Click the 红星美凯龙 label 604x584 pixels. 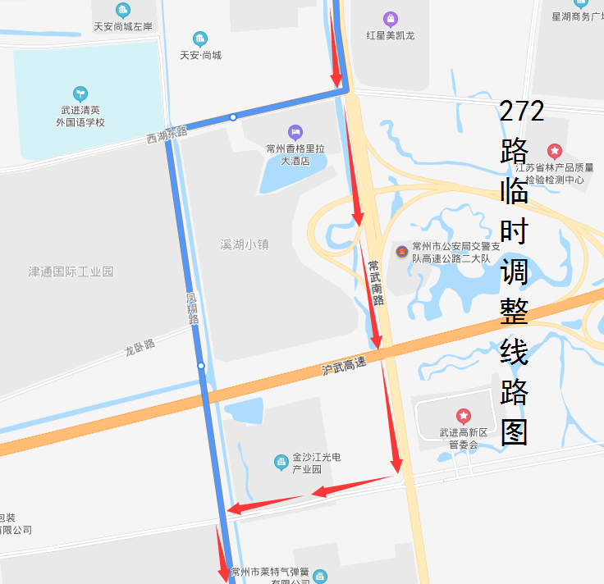(x=391, y=35)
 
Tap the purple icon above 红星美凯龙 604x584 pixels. (x=391, y=18)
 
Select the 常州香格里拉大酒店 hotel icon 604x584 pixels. (x=295, y=132)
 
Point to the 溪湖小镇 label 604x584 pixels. (x=245, y=244)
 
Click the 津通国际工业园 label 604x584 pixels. (x=71, y=271)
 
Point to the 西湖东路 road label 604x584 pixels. (x=167, y=135)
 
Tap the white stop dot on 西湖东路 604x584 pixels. (x=233, y=117)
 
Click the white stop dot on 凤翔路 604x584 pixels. (x=201, y=365)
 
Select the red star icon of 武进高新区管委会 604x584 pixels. (x=464, y=417)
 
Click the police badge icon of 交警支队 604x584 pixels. (x=401, y=251)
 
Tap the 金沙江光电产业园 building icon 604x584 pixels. (x=281, y=463)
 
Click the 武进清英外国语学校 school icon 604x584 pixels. (x=80, y=94)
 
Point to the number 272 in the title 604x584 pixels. (x=521, y=111)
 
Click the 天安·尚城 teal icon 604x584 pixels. (x=199, y=39)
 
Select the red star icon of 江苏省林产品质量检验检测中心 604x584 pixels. (x=555, y=151)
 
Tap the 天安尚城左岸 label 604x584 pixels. (x=123, y=27)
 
